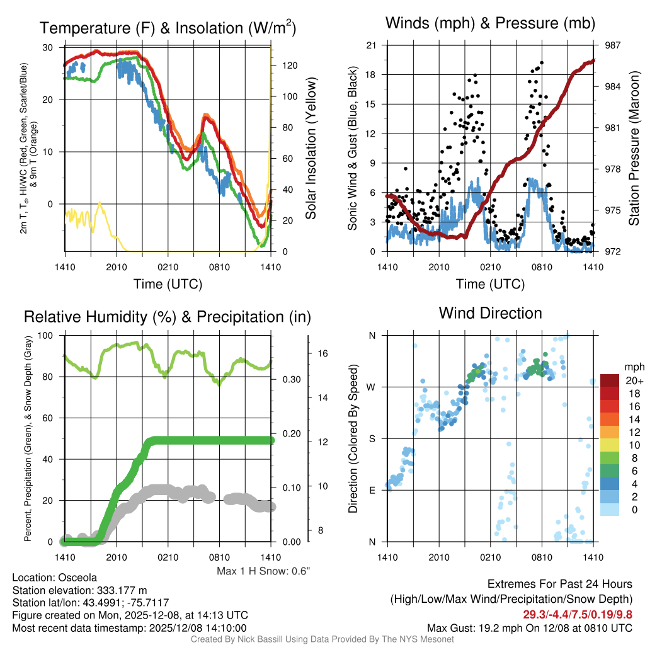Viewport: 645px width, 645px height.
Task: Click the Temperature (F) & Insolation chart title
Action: (x=168, y=28)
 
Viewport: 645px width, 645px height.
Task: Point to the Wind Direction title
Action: (x=490, y=313)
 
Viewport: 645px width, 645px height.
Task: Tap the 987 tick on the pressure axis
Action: (x=614, y=45)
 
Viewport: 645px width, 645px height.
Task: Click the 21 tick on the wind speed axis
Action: (x=372, y=45)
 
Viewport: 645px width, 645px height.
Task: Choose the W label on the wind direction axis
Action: (x=372, y=387)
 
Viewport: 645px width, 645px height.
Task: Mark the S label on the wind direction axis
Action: (x=372, y=438)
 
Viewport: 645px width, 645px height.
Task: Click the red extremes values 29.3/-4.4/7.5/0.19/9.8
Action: (x=578, y=614)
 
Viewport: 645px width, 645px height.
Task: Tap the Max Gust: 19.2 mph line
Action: (x=530, y=627)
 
